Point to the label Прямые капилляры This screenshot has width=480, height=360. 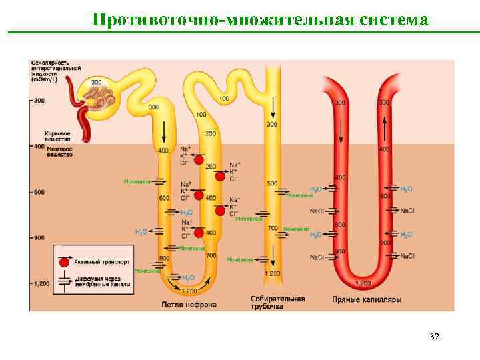tap(367, 300)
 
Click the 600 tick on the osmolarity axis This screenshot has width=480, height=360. tap(38, 192)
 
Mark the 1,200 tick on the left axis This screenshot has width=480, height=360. tap(39, 283)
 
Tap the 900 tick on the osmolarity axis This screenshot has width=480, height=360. tap(38, 237)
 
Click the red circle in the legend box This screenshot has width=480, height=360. tap(64, 262)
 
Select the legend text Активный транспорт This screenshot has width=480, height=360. tap(102, 262)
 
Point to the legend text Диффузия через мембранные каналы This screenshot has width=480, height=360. tap(102, 281)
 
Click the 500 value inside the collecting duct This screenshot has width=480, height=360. tap(272, 183)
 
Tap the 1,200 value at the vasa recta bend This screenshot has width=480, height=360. tap(363, 283)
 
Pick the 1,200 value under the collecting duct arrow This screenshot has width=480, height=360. tap(272, 274)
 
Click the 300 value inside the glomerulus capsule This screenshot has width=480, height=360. tap(97, 82)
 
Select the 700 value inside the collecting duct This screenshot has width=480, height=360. tap(272, 228)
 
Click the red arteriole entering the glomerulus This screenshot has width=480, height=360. tap(83, 123)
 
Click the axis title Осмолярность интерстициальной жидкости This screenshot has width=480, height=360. tap(55, 68)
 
